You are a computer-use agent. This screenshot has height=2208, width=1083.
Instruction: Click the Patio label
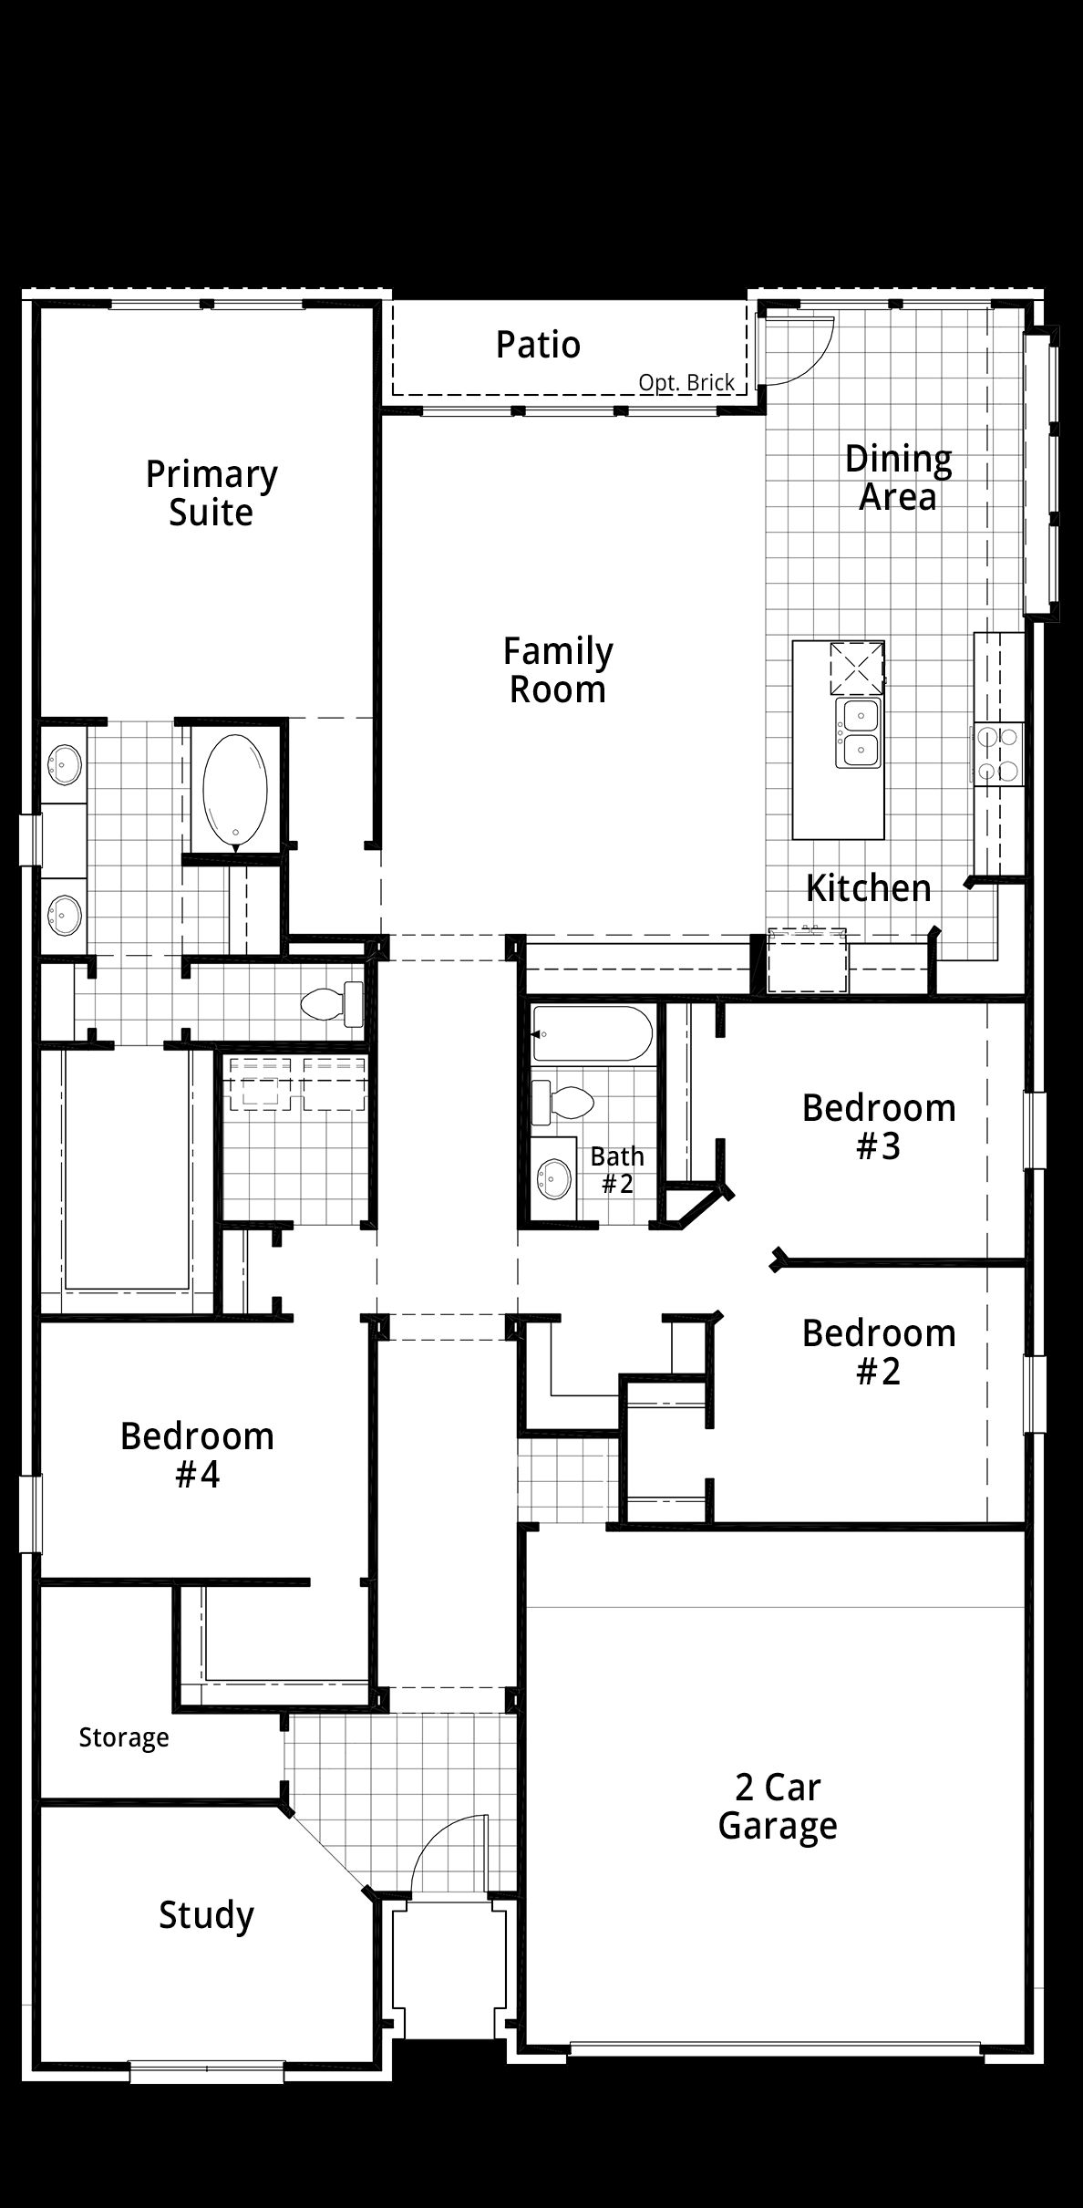tap(538, 345)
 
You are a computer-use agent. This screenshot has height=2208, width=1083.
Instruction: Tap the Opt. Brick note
tap(686, 383)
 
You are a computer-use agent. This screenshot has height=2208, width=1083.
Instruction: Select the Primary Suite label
tap(211, 493)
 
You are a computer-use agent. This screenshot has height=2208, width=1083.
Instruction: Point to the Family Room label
tap(558, 670)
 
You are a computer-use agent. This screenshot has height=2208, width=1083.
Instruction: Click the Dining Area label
tap(898, 478)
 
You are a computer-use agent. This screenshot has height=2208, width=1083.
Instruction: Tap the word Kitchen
tap(869, 887)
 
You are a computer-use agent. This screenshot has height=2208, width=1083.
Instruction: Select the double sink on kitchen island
tap(859, 733)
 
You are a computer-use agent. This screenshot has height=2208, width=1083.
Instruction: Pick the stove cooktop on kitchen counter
tap(998, 753)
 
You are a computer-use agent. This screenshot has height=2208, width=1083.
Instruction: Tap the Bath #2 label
tap(617, 1170)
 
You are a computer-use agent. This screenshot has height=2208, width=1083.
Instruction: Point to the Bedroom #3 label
tap(879, 1127)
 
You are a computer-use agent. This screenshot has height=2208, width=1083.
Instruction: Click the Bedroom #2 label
tap(879, 1353)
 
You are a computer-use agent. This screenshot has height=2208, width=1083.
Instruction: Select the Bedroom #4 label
tap(197, 1456)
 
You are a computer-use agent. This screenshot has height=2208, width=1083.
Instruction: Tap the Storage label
tap(124, 1737)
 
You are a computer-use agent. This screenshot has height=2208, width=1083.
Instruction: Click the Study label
tap(206, 1914)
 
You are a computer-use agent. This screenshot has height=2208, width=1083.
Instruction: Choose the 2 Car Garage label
tap(778, 1807)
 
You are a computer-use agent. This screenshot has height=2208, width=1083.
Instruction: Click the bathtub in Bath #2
tap(592, 1033)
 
